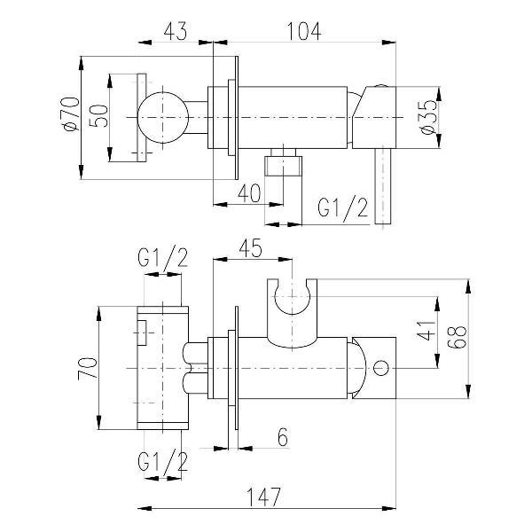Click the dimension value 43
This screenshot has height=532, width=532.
[x=175, y=31]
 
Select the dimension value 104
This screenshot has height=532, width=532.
[x=304, y=32]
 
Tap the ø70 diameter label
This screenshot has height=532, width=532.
[x=71, y=114]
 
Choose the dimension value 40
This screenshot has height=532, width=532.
[x=249, y=193]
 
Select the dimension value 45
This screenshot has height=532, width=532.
[x=250, y=248]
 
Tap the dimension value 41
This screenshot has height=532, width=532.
[x=426, y=331]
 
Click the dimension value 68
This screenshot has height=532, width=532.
[x=457, y=337]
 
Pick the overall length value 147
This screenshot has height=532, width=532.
[x=263, y=497]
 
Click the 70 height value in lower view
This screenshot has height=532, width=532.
[x=88, y=368]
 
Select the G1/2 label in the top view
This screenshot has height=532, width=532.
[x=342, y=207]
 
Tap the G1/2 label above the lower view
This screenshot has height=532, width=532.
[x=163, y=259]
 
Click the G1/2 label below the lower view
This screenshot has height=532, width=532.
[x=163, y=461]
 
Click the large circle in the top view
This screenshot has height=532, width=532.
[x=162, y=117]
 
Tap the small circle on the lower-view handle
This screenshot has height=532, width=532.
[x=380, y=368]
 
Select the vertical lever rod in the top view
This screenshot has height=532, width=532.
[x=383, y=186]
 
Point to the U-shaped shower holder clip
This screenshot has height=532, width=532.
[x=292, y=313]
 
